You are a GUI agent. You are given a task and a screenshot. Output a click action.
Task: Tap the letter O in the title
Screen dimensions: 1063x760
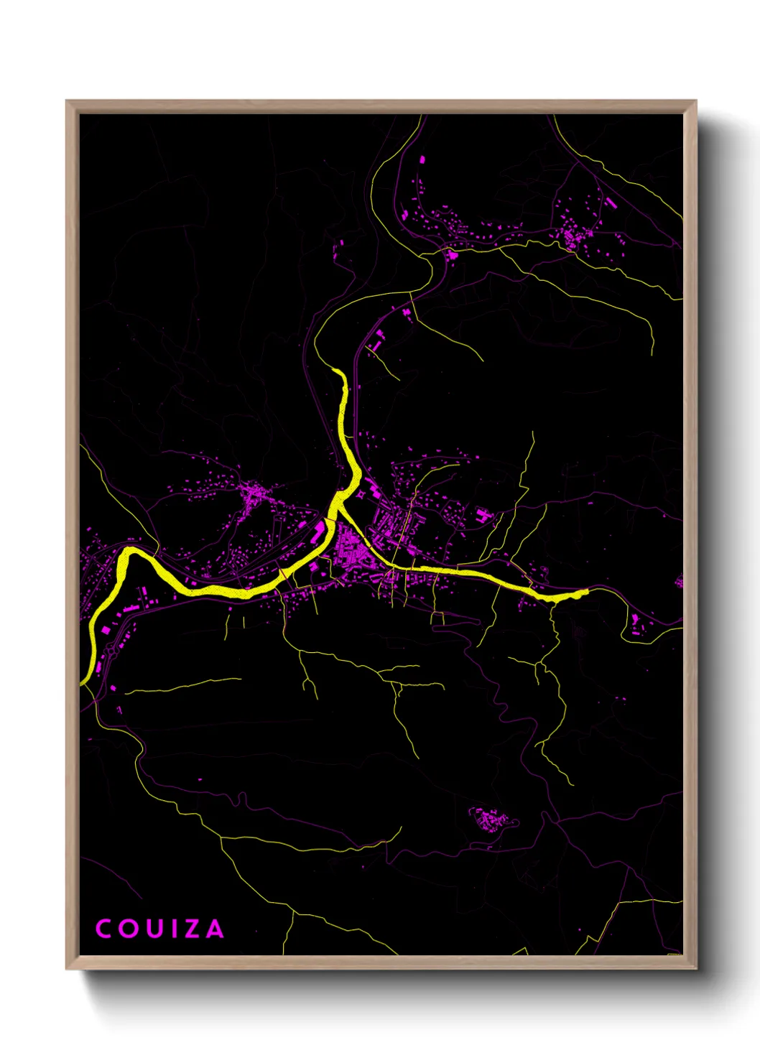[128, 929]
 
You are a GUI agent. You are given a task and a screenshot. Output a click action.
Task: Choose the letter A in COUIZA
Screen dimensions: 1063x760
[214, 929]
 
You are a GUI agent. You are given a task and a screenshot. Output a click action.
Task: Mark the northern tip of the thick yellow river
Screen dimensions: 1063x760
[338, 371]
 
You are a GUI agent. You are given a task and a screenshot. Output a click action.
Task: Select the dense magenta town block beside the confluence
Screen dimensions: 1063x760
[352, 549]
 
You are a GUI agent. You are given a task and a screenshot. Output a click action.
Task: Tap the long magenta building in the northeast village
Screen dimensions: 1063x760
[610, 203]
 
